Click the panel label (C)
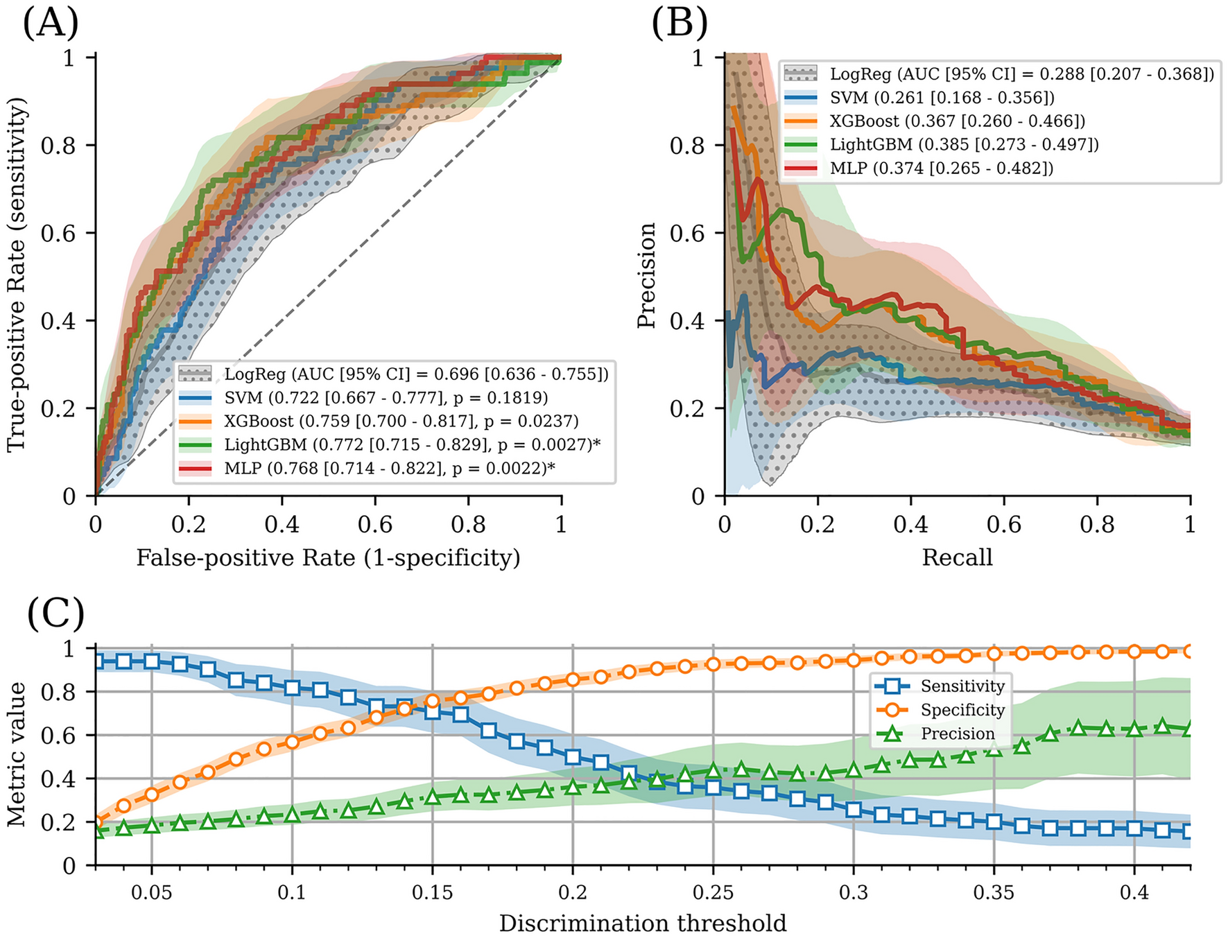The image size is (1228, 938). pos(55,613)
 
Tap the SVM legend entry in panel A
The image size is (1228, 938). pos(386,398)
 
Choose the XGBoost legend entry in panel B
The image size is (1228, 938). pos(957,121)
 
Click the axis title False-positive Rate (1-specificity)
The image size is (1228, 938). pos(328,557)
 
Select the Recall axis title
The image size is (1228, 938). pos(957,557)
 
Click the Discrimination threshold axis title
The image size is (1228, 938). pos(643,923)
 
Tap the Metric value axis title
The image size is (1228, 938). pos(17,754)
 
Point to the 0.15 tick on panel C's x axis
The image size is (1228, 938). pos(433,892)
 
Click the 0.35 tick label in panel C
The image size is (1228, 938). pos(994,892)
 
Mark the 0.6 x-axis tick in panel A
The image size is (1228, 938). pos(375,525)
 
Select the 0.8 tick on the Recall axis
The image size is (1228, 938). pos(1097,525)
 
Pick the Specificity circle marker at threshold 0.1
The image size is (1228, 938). pos(292,742)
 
